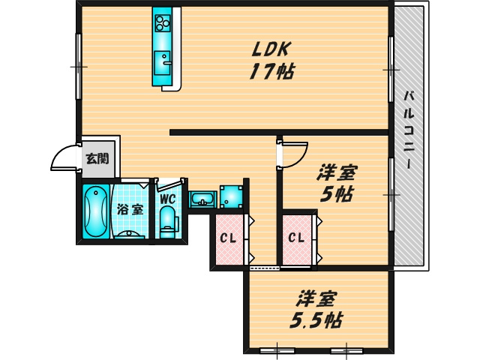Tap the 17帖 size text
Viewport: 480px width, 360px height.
click(271, 72)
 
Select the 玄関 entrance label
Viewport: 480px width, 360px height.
click(96, 158)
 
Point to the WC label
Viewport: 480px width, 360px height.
click(166, 199)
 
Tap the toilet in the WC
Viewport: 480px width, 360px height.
click(167, 221)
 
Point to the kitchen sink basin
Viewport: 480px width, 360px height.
click(162, 60)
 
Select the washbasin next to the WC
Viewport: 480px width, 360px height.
click(202, 199)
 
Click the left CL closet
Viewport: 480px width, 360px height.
click(228, 239)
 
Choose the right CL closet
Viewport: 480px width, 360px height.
click(297, 239)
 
